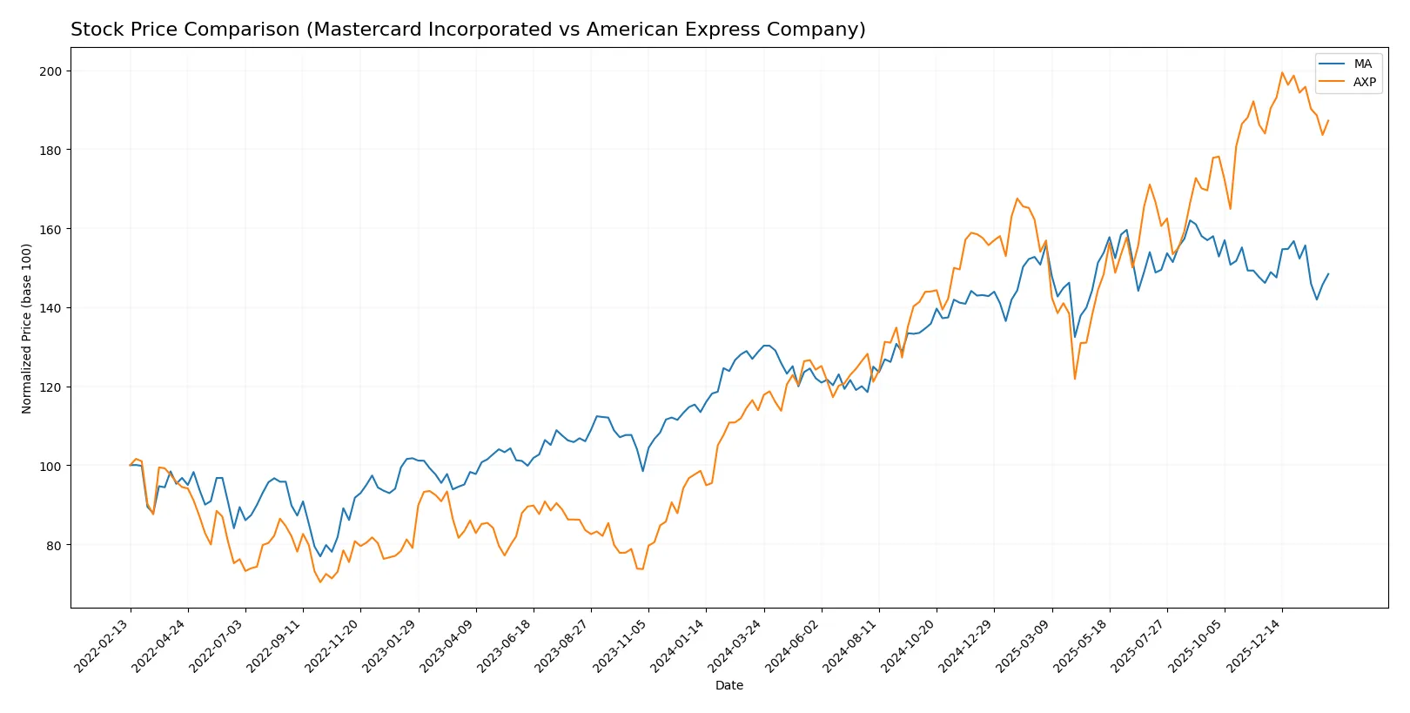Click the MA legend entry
[1362, 64]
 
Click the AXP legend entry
[1364, 82]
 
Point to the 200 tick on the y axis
[50, 71]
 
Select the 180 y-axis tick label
[50, 151]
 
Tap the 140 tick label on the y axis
[50, 308]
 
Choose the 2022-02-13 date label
[103, 646]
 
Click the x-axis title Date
[728, 686]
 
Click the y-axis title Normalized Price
[27, 328]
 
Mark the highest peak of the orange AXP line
[1282, 73]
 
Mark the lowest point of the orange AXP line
[320, 582]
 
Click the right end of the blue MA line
[1328, 274]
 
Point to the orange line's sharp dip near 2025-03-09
[1075, 379]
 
